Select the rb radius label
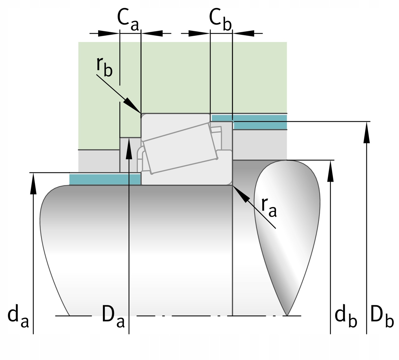tap(104, 67)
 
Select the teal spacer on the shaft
tap(105, 179)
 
